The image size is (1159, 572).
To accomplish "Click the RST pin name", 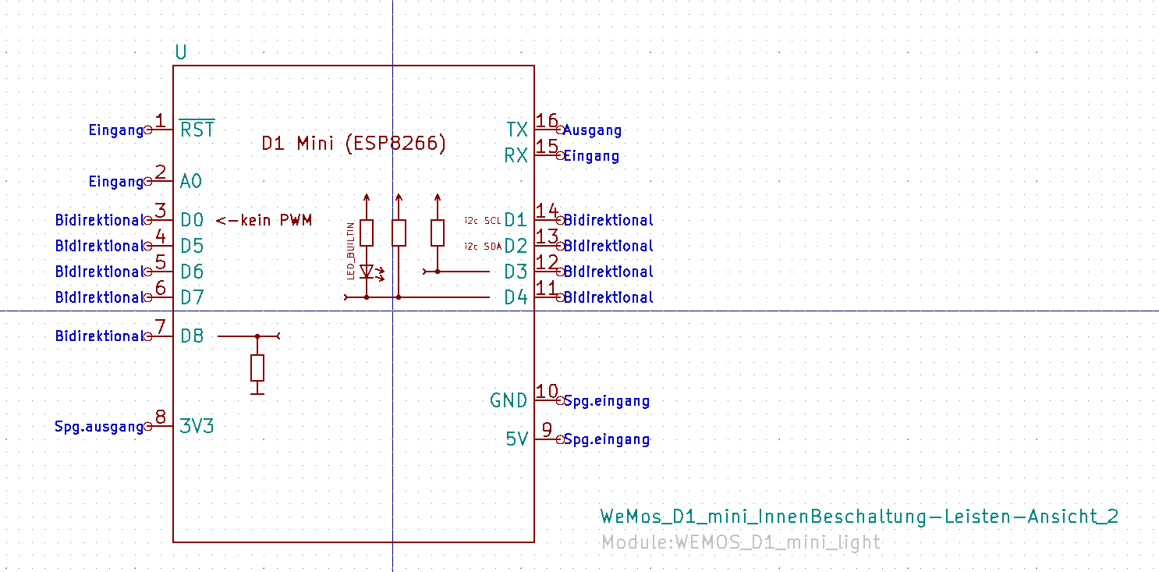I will click(x=197, y=130).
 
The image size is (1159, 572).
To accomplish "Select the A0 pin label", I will click(x=191, y=182).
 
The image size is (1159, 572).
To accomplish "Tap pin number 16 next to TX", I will click(x=548, y=121).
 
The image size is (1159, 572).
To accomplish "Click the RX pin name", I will click(x=516, y=155).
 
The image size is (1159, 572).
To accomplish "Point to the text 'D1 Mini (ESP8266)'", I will click(x=354, y=144).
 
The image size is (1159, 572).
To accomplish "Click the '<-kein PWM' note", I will click(x=264, y=221).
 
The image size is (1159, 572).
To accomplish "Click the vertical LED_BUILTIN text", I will click(x=351, y=250).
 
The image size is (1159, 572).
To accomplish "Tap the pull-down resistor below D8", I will click(x=257, y=367).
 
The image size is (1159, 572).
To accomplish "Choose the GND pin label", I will click(x=509, y=400).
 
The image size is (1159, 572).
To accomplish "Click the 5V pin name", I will click(x=516, y=439).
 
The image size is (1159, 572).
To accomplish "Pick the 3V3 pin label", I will click(x=197, y=426).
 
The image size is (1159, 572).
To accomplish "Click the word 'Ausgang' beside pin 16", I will click(x=592, y=130).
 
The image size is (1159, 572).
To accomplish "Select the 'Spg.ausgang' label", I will click(x=99, y=427).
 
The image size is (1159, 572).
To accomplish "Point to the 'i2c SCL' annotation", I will click(x=483, y=221).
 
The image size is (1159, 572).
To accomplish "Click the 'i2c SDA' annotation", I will click(x=483, y=247).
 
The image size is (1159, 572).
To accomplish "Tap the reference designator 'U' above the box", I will click(x=181, y=53).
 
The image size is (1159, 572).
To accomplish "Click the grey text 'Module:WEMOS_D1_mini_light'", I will click(x=741, y=542).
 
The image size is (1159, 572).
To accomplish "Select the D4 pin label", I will click(x=516, y=297).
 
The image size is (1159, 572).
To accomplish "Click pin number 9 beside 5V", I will click(x=548, y=430).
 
